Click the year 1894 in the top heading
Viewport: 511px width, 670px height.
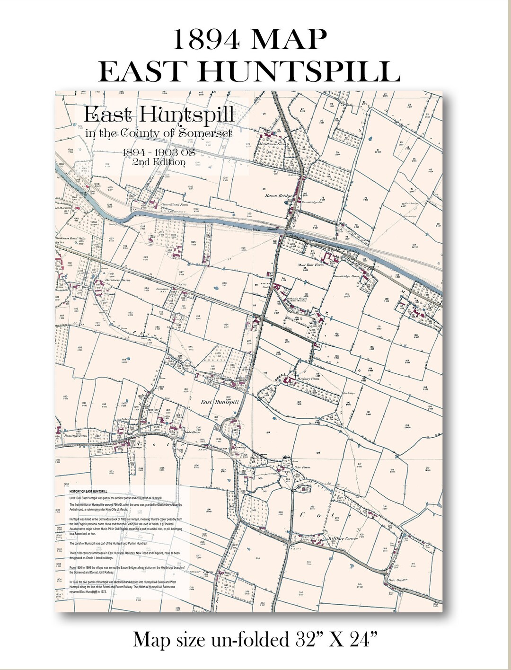tap(207, 39)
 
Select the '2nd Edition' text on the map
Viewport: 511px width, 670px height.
tap(159, 162)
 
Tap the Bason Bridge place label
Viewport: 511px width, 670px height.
tap(278, 195)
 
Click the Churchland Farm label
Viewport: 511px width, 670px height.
tap(175, 204)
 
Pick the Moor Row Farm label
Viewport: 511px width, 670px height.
tap(310, 265)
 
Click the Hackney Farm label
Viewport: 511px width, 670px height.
tap(308, 379)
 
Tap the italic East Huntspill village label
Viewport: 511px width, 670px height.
tap(220, 402)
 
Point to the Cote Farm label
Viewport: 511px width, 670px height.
tap(302, 467)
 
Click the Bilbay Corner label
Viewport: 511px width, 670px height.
tap(343, 538)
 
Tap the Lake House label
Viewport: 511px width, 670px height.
tap(193, 432)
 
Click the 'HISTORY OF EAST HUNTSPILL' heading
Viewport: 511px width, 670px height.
tap(88, 492)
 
